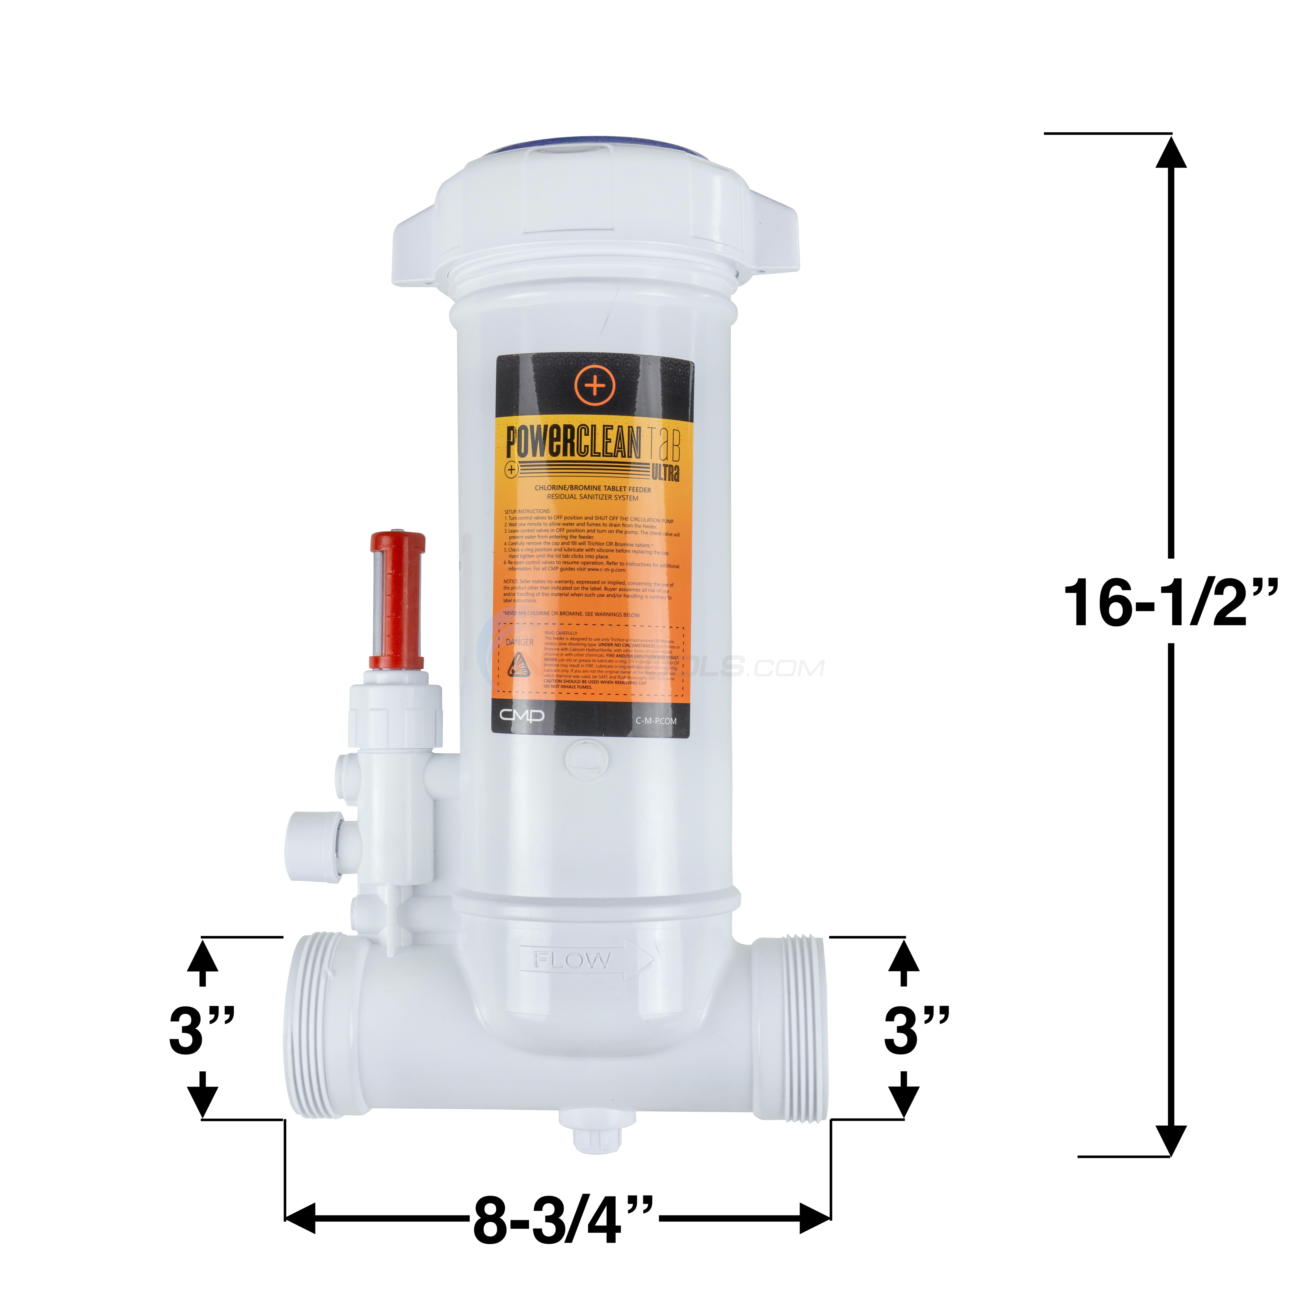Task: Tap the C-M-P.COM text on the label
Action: click(656, 721)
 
